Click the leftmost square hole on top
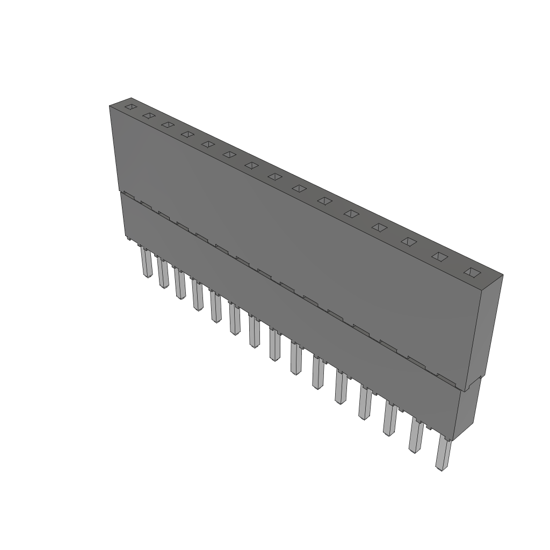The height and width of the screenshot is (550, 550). pos(131,107)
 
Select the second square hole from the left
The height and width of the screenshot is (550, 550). pos(149,115)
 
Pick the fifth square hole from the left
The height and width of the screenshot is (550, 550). pos(208,144)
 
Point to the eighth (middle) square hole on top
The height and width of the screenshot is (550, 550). pos(275,176)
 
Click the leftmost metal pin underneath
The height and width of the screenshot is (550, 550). pos(147,263)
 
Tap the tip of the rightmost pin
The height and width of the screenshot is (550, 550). pos(442,469)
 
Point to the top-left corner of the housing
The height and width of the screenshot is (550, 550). pos(110,106)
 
